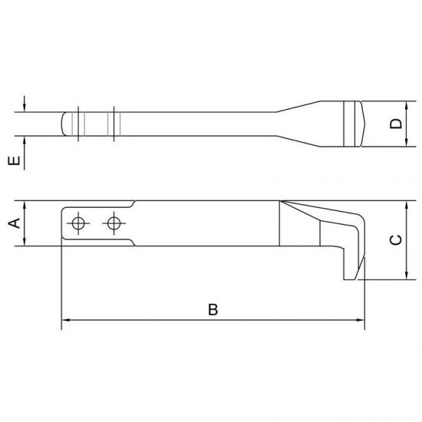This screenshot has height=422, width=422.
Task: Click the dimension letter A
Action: point(12,223)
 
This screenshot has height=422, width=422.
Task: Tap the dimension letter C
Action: point(395,239)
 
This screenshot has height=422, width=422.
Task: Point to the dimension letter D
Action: point(395,124)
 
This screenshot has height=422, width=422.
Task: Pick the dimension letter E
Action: point(12,161)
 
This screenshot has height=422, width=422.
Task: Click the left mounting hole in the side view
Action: point(77,223)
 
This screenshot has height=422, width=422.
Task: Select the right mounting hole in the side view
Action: point(114,223)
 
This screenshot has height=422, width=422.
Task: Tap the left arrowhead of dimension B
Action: point(65,319)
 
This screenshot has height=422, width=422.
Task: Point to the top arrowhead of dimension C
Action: point(404,205)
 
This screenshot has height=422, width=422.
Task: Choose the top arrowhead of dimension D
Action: point(404,104)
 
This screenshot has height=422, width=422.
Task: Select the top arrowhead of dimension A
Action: point(25,205)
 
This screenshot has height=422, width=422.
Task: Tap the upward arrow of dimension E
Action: point(25,141)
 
